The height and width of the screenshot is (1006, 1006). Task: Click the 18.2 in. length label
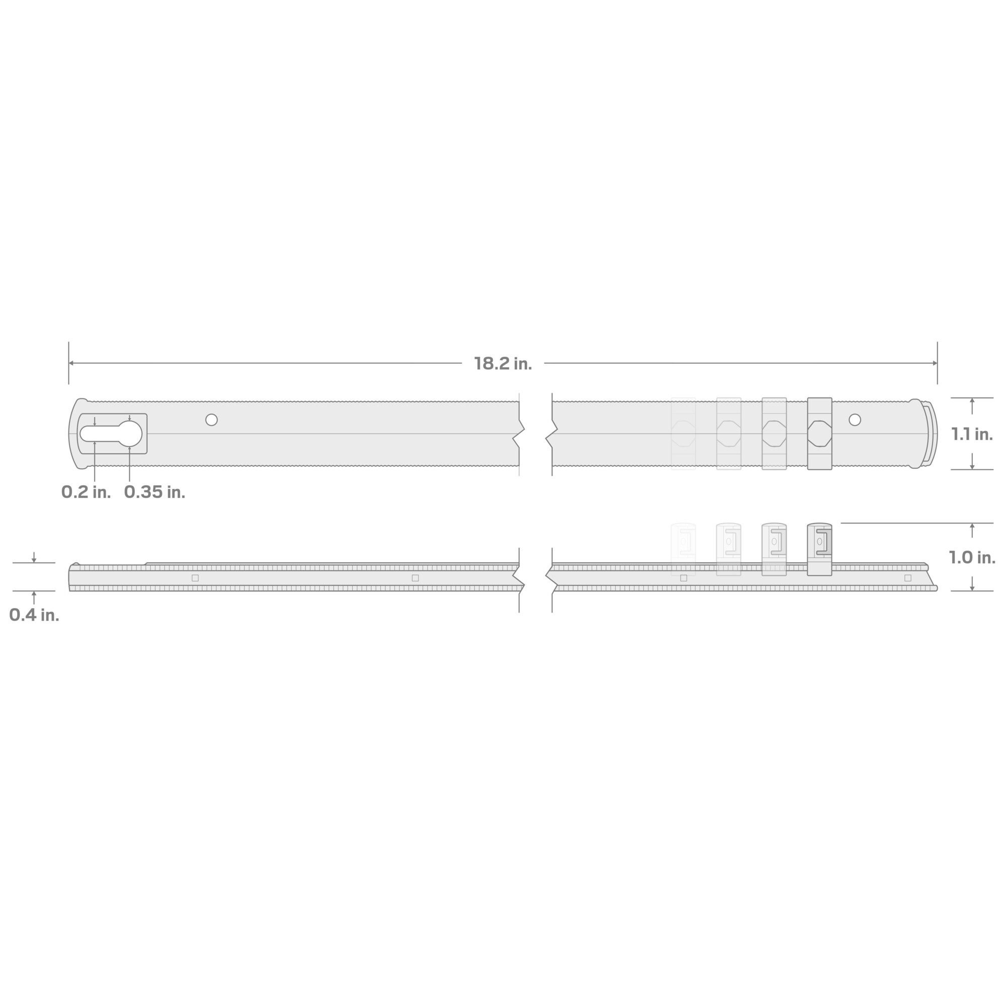pos(502,364)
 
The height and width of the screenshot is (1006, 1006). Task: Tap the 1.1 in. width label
pos(972,434)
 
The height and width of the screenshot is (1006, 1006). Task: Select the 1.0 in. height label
pos(972,557)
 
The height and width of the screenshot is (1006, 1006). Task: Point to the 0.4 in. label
pos(34,615)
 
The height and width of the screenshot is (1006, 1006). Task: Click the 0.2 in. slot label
pos(86,492)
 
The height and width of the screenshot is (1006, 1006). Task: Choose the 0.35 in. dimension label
pos(154,492)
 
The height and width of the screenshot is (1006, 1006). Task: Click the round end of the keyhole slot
pos(130,434)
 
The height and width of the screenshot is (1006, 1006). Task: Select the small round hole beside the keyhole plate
pos(211,420)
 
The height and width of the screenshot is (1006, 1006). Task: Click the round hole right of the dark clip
pos(855,420)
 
